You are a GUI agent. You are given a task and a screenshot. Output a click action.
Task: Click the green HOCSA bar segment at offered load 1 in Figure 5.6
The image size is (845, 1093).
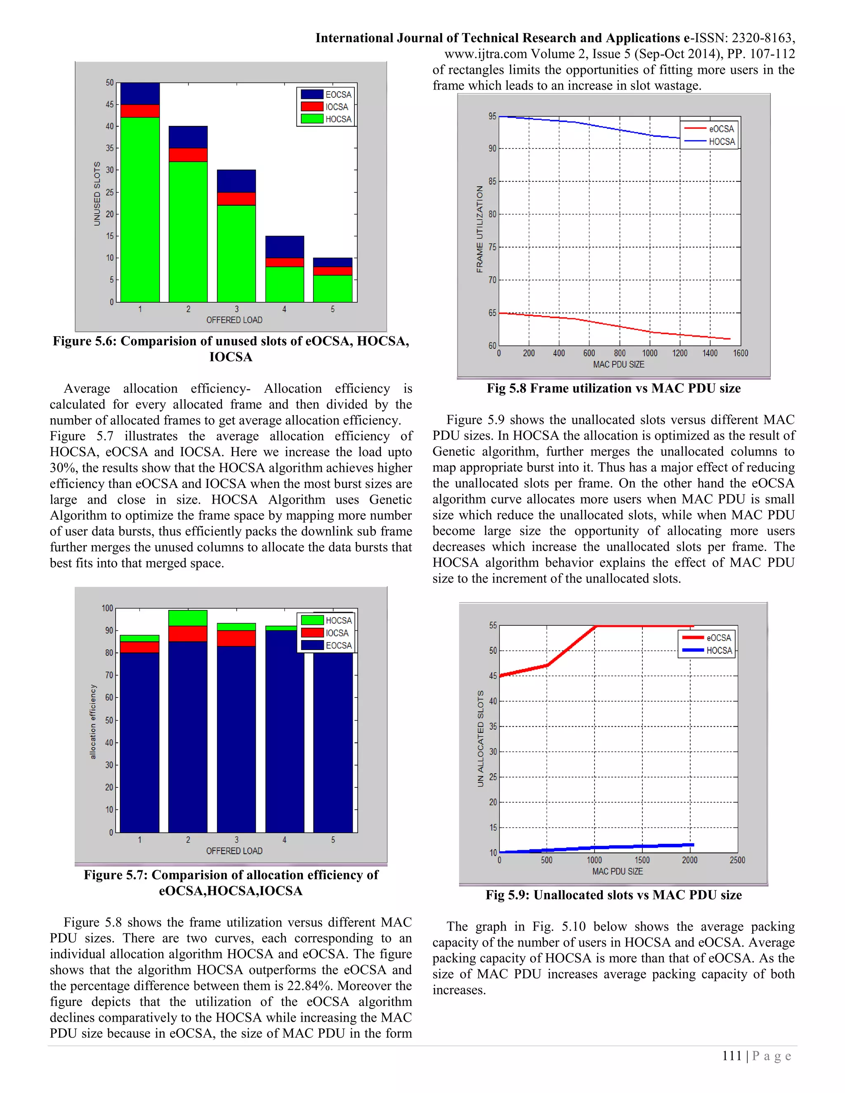click(140, 210)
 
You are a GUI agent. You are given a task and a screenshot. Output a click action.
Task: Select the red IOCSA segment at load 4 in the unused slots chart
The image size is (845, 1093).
click(284, 262)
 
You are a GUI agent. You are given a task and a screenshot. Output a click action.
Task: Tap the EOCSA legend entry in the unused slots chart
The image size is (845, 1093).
click(326, 94)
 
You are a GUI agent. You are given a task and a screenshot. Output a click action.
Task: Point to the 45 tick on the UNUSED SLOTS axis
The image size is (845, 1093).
click(110, 105)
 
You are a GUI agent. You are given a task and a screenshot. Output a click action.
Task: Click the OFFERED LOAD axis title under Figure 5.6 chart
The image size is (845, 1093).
click(234, 320)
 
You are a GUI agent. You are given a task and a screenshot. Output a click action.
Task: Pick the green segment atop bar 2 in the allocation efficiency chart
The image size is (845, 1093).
click(188, 618)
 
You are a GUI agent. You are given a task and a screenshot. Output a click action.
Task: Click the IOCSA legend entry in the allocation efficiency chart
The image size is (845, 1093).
click(326, 633)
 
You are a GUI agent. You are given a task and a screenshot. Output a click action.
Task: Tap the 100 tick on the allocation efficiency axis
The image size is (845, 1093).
click(107, 608)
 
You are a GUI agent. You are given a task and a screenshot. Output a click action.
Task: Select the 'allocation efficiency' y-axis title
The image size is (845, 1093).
click(92, 721)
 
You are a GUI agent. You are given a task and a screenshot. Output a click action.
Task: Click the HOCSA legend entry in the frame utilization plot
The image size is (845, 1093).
click(710, 141)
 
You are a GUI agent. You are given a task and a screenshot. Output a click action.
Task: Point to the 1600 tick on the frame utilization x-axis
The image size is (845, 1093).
click(740, 353)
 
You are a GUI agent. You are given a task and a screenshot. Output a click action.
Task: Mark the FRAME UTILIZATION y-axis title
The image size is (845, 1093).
click(479, 229)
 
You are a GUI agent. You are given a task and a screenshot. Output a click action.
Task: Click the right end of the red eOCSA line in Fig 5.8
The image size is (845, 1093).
click(729, 339)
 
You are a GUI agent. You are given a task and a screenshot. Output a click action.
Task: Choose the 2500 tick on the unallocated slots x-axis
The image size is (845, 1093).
click(737, 860)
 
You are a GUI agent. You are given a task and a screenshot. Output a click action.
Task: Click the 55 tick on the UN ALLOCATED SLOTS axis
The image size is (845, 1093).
click(493, 626)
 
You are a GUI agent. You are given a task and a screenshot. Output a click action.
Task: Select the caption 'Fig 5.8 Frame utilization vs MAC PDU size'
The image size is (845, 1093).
click(613, 389)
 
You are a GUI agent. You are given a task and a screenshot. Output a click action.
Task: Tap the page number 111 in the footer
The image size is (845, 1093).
click(732, 1056)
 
